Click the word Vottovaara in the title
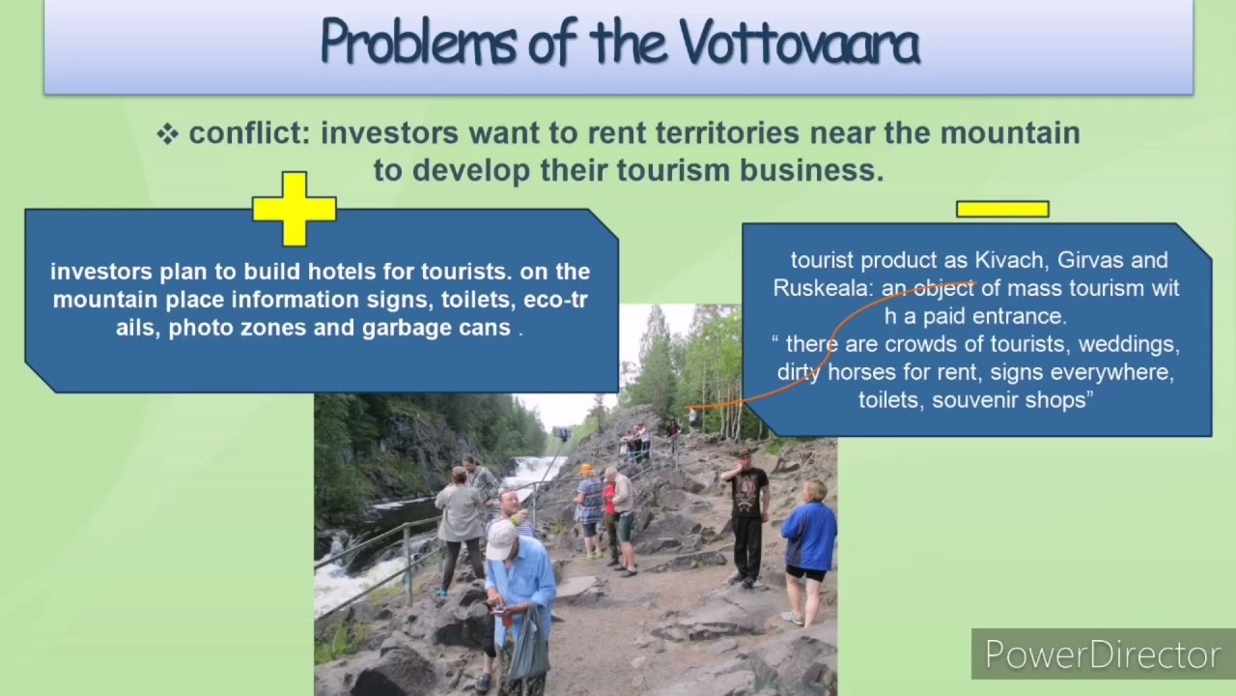click(800, 43)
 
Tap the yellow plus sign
click(295, 208)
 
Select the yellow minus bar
click(1002, 209)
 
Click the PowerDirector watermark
click(1102, 654)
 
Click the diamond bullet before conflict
click(168, 134)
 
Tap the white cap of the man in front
click(500, 538)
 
